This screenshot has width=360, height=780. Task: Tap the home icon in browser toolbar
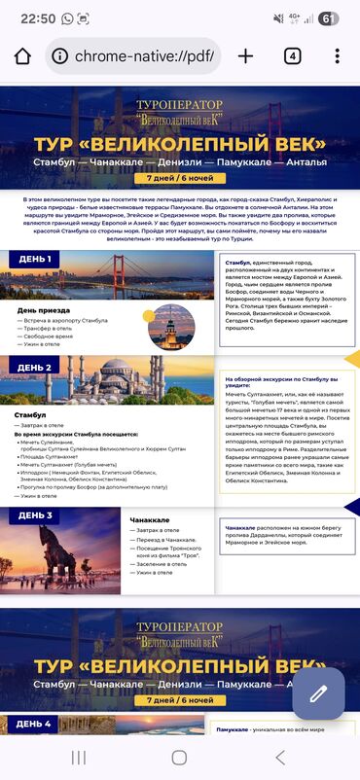pos(21,55)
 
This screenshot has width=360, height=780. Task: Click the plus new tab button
pos(246,55)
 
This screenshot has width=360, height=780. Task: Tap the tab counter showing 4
pos(292,55)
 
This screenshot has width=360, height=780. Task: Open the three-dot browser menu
pos(337,55)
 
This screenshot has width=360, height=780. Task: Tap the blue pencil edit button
pos(318,693)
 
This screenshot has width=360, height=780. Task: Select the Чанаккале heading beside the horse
pos(149,521)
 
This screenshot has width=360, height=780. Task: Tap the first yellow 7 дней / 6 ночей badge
pos(179,178)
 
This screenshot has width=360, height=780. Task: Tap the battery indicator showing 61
pos(329,18)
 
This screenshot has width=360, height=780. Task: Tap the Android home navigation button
pos(179,757)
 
